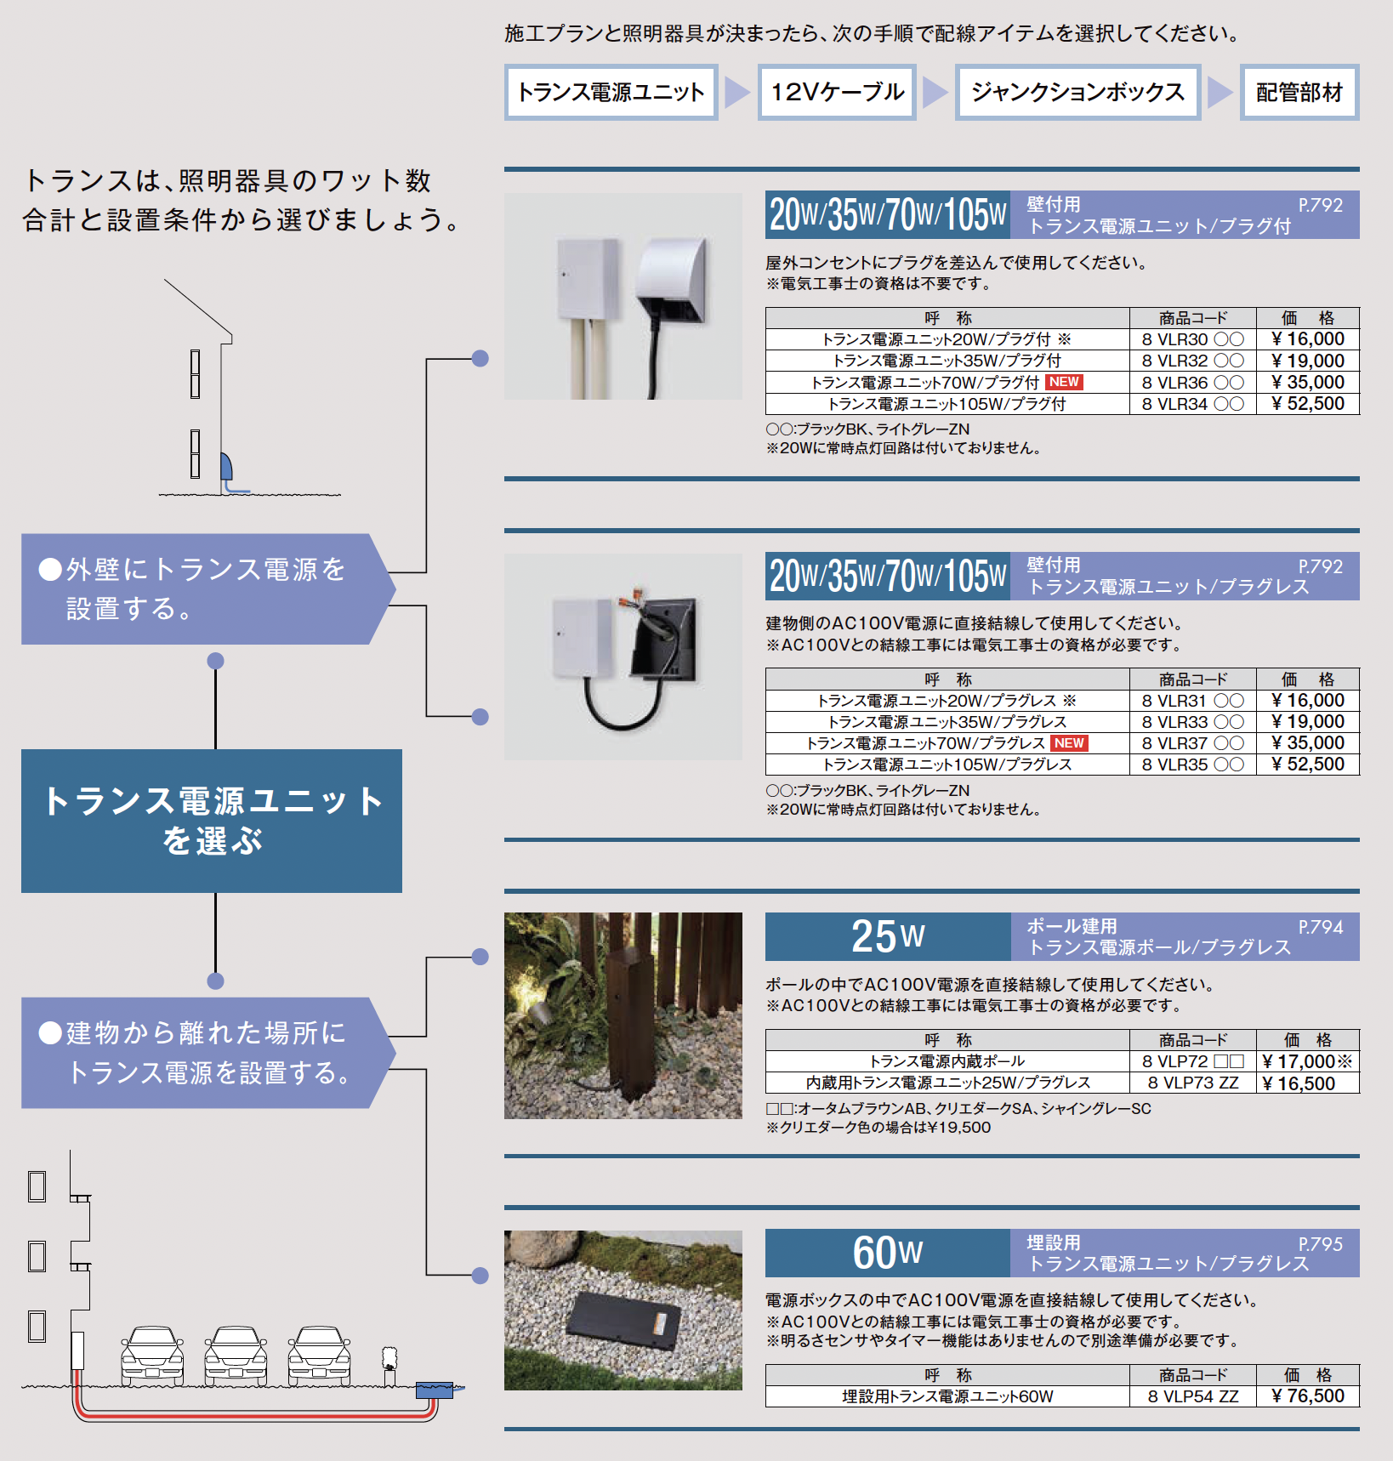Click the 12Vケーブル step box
(837, 92)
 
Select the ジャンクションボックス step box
(1077, 92)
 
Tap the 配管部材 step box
(1299, 92)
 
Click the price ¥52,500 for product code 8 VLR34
(1308, 404)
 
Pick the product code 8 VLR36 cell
(1192, 383)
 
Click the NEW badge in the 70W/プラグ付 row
(1064, 382)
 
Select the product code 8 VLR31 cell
(1192, 701)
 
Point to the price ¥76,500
(1308, 1396)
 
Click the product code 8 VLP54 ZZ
(1192, 1396)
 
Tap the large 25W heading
(888, 936)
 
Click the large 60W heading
(888, 1253)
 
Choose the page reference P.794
(1320, 927)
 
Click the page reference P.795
(1320, 1244)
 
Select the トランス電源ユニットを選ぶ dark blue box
(212, 821)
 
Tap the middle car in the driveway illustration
(236, 1356)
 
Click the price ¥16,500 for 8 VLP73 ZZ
(1299, 1083)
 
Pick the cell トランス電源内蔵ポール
(947, 1061)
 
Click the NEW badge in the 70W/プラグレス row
(1069, 743)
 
